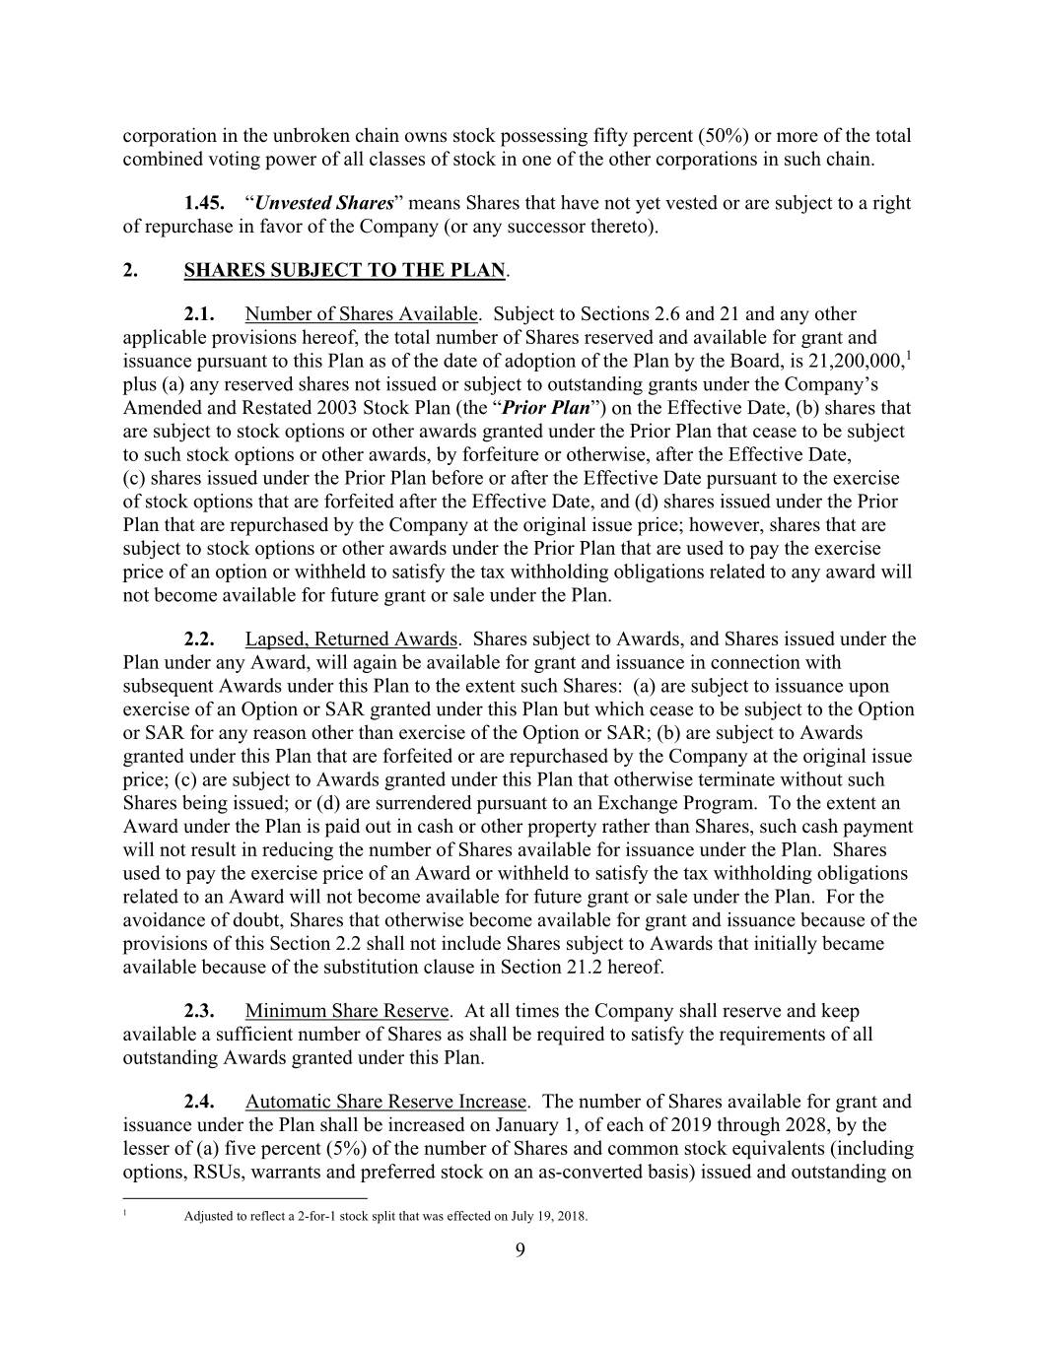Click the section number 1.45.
(205, 204)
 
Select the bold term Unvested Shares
(323, 204)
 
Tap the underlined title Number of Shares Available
(362, 314)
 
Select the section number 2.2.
(201, 639)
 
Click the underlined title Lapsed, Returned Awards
(351, 639)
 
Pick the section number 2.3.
(201, 1011)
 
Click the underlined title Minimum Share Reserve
(347, 1011)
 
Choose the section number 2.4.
(201, 1102)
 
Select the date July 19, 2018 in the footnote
(549, 1216)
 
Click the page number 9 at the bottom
(520, 1251)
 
